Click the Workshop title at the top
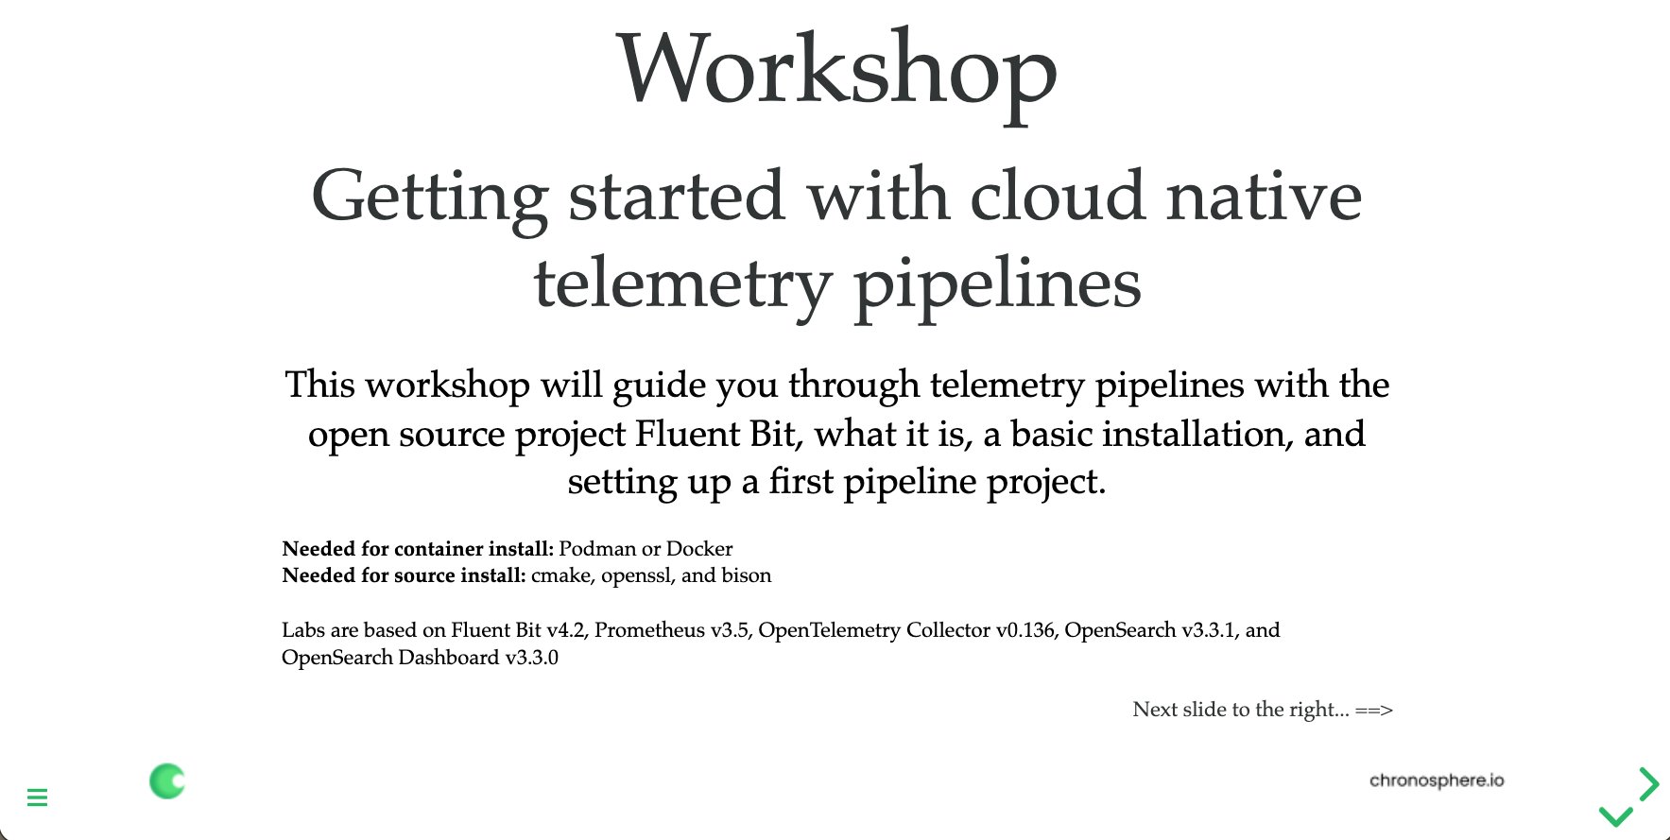coord(837,73)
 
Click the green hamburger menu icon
coord(38,797)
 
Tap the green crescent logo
coord(167,780)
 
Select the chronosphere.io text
coord(1437,780)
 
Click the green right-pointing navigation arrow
coord(1650,783)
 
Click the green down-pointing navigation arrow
coord(1615,815)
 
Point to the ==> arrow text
coord(1374,710)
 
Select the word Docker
coord(699,549)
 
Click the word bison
coord(747,575)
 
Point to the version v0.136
coord(1025,630)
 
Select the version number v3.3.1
coord(1211,630)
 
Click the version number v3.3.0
coord(532,658)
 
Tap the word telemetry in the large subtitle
coord(683,283)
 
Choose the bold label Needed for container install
coord(418,549)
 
